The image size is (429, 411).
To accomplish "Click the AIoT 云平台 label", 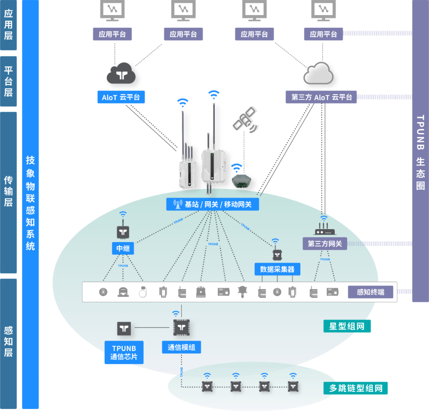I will pyautogui.click(x=121, y=97).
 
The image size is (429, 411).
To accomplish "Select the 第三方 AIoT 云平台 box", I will pyautogui.click(x=321, y=97).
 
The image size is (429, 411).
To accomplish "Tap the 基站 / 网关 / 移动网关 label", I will pyautogui.click(x=213, y=205).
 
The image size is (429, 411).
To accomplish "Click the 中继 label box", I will pyautogui.click(x=123, y=249).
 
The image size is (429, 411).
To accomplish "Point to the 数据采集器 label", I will pyautogui.click(x=277, y=269).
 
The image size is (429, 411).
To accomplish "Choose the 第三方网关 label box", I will pyautogui.click(x=325, y=243).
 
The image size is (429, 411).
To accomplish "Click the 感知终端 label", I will pyautogui.click(x=370, y=292).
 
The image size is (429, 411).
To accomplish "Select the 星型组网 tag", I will pyautogui.click(x=347, y=326).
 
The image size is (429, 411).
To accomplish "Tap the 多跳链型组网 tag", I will pyautogui.click(x=356, y=388).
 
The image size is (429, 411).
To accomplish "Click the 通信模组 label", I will pyautogui.click(x=181, y=347).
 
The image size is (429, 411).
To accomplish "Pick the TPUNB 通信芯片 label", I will pyautogui.click(x=124, y=353).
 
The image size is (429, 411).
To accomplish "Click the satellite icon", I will pyautogui.click(x=245, y=119).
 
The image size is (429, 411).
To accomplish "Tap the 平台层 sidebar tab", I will pyautogui.click(x=8, y=81).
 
